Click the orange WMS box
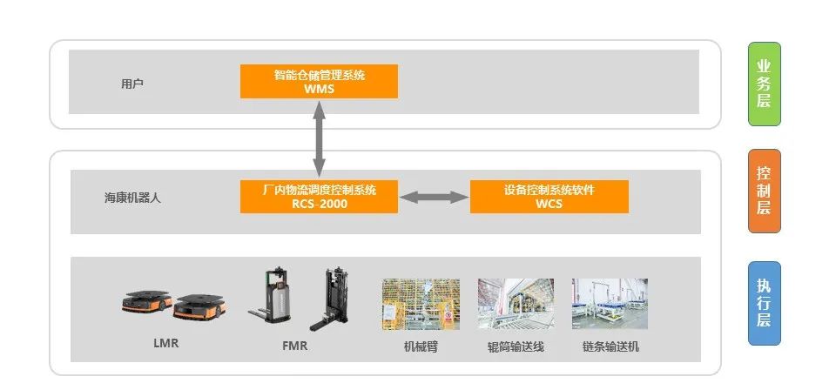pyautogui.click(x=319, y=81)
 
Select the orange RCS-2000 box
pyautogui.click(x=319, y=197)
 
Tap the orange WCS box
pyautogui.click(x=549, y=197)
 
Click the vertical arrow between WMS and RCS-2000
pyautogui.click(x=319, y=139)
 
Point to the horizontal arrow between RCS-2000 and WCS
pyautogui.click(x=434, y=198)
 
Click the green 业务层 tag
pyautogui.click(x=764, y=84)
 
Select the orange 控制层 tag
pyautogui.click(x=764, y=192)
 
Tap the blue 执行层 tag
pyautogui.click(x=764, y=303)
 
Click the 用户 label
pyautogui.click(x=132, y=84)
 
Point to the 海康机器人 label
pyautogui.click(x=132, y=198)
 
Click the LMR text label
pyautogui.click(x=165, y=344)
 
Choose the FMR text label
pyautogui.click(x=294, y=346)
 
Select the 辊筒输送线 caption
pyautogui.click(x=515, y=346)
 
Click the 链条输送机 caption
pyautogui.click(x=610, y=346)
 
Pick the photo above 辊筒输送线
pyautogui.click(x=515, y=304)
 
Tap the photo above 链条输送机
pyautogui.click(x=610, y=304)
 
